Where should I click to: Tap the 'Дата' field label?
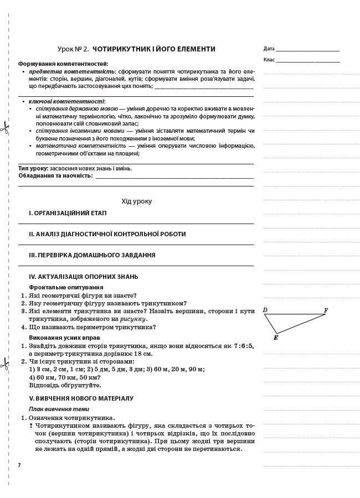coord(269,49)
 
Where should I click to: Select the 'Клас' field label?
coord(269,60)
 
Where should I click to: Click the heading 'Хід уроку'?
coord(136,201)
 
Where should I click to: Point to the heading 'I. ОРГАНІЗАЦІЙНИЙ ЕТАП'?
coord(68,213)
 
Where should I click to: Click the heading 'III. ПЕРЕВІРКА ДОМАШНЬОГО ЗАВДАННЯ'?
coord(92,255)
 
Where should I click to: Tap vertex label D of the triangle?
coord(265,310)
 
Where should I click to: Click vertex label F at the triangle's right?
coord(326,311)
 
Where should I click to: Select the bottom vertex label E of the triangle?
coord(276,338)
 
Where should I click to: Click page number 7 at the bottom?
coord(19,465)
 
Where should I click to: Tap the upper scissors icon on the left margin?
coord(4,128)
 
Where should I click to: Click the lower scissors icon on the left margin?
coord(4,364)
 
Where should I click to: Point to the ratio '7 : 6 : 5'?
coord(243,346)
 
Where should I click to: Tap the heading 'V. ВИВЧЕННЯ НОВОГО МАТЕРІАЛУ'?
coord(81,398)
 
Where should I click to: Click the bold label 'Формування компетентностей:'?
coord(63,64)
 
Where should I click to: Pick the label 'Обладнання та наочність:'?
coord(55,175)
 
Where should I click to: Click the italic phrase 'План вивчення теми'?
coord(59,409)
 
